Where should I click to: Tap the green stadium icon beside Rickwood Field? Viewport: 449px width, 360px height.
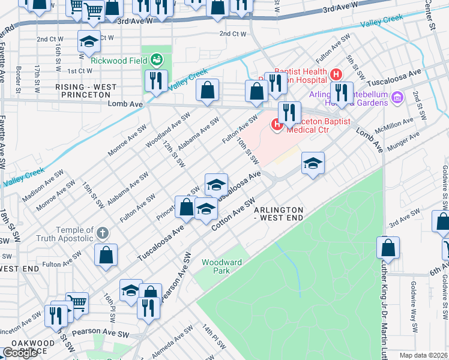[x=156, y=59]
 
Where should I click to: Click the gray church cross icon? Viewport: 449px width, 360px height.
[x=103, y=232]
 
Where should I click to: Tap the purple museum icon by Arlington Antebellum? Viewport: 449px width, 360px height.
[x=396, y=97]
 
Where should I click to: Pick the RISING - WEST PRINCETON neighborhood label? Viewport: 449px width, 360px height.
[x=86, y=91]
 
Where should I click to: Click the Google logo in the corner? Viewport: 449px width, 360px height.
[x=20, y=353]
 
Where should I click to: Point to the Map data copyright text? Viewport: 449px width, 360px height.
[x=423, y=355]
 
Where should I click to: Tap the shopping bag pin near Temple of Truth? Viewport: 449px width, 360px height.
[x=106, y=254]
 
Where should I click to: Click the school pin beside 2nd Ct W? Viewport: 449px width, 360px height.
[x=89, y=42]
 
